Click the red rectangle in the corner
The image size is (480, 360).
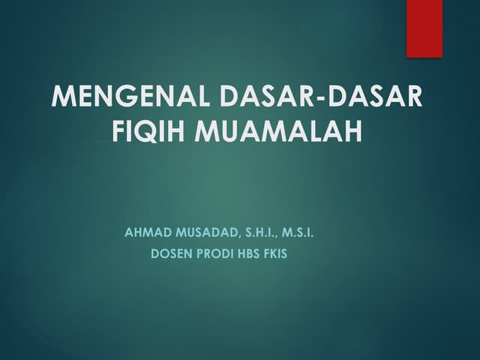[x=424, y=28]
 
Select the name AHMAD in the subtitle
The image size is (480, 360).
[x=144, y=233]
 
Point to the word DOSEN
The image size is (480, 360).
[x=170, y=253]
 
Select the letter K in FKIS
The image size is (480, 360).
[x=274, y=253]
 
